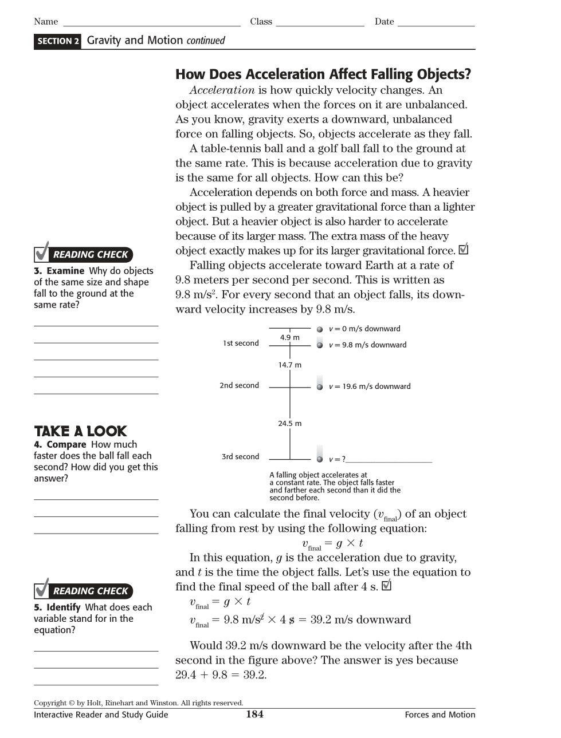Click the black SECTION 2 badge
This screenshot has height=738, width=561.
click(x=58, y=41)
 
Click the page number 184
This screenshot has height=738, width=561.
click(x=254, y=714)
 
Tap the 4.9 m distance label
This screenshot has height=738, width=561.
click(x=289, y=337)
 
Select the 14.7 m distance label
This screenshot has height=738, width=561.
click(x=289, y=365)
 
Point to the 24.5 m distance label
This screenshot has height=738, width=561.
click(x=289, y=424)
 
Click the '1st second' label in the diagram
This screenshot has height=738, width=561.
click(x=241, y=343)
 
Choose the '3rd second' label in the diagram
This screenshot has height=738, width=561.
click(x=240, y=456)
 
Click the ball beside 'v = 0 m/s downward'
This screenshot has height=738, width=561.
click(x=320, y=329)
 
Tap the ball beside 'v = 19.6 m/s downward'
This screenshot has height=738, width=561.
click(x=320, y=387)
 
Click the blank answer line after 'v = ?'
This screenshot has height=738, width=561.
click(x=389, y=460)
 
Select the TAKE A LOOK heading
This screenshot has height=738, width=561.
click(x=80, y=431)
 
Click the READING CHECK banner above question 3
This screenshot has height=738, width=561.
click(x=84, y=254)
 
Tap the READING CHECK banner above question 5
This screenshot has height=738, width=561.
click(x=84, y=591)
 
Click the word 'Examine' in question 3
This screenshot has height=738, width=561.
click(x=65, y=271)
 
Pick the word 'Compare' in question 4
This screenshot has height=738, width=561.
click(x=66, y=444)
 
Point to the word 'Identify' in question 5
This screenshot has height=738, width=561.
click(x=63, y=607)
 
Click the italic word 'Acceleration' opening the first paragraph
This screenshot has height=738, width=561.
click(x=222, y=90)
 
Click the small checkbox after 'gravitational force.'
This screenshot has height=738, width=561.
click(x=464, y=250)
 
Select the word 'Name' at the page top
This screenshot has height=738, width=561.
click(x=46, y=22)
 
